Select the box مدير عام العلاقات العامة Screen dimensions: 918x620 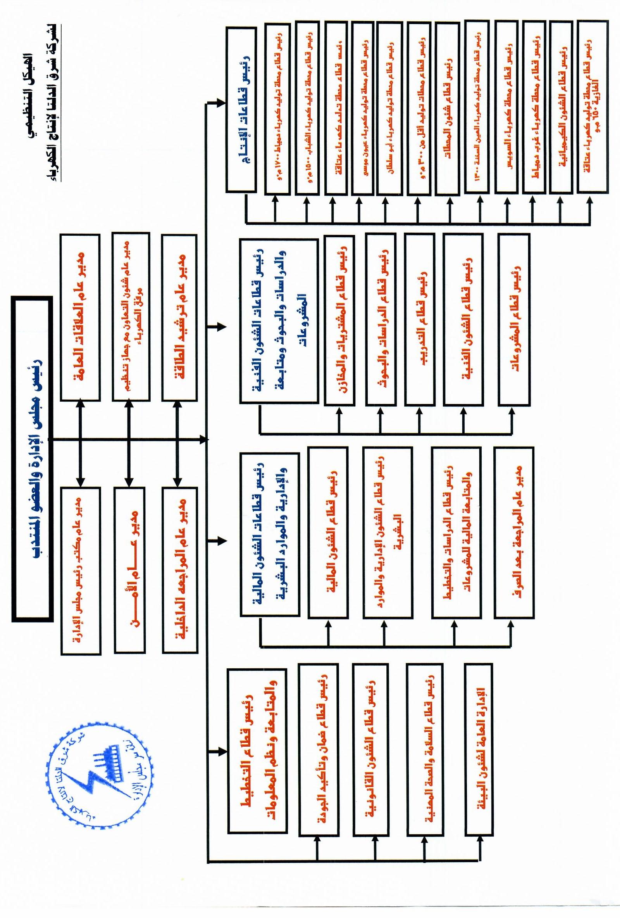click(x=81, y=317)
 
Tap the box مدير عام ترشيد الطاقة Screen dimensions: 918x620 click(x=179, y=317)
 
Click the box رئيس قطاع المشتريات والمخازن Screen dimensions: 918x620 click(x=339, y=320)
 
